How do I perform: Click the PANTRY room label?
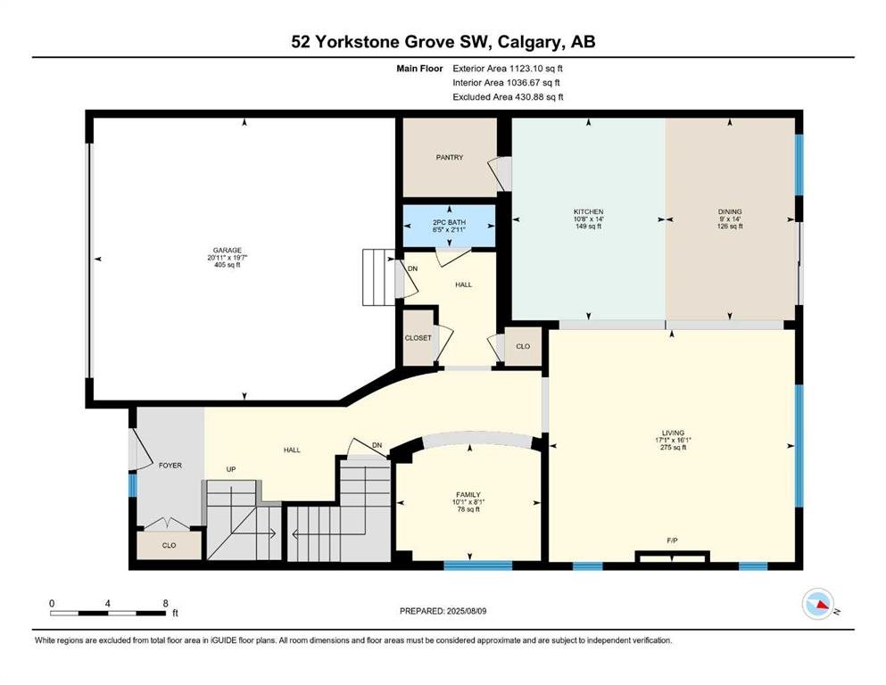pos(449,158)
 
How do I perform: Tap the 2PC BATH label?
pos(449,222)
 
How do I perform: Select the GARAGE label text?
pos(228,250)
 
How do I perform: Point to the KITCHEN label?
pos(588,211)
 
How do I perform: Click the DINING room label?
pos(730,211)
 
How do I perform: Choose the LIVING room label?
pos(673,433)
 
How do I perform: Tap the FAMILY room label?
pos(468,495)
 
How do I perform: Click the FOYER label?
pos(170,466)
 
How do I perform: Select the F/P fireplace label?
pos(673,541)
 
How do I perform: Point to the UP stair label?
pos(230,469)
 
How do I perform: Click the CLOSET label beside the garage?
pos(418,338)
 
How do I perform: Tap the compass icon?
pos(818,604)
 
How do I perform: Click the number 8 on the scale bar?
pos(166,603)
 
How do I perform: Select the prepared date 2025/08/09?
pos(466,611)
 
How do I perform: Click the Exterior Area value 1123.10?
pos(525,69)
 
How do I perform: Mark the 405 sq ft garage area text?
pos(228,265)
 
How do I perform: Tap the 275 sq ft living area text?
pos(673,447)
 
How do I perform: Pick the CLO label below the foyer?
pos(169,546)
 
